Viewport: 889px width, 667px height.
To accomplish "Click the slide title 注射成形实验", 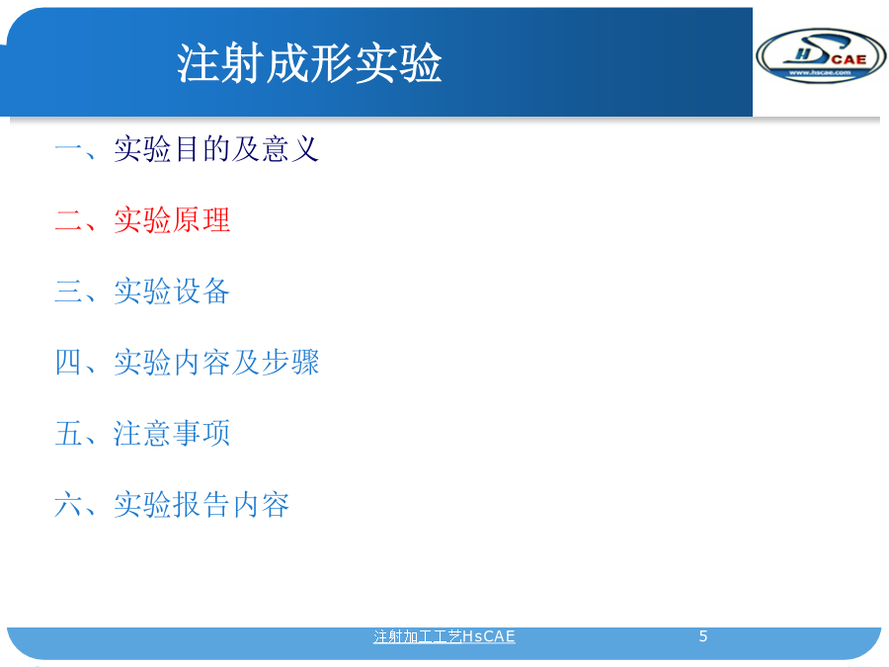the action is [309, 63].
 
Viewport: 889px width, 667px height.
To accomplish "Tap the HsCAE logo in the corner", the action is [821, 55].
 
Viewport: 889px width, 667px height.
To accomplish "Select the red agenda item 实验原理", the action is [172, 220].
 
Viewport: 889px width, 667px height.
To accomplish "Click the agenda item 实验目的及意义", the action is [216, 149].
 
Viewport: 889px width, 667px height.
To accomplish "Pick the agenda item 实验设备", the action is [172, 291].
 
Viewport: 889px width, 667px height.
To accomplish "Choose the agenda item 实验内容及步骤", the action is [216, 362].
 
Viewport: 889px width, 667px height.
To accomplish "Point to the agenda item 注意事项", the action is [172, 434].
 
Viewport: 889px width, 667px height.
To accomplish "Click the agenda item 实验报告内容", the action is [202, 504].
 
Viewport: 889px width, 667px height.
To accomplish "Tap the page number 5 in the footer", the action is [703, 636].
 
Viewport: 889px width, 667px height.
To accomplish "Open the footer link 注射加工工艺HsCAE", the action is [444, 636].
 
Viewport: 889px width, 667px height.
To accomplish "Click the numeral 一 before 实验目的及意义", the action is [68, 149].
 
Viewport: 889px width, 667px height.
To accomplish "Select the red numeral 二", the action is [68, 220].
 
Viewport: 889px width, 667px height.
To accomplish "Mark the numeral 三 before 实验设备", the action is [68, 291].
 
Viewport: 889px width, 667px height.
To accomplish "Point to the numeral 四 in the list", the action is [68, 362].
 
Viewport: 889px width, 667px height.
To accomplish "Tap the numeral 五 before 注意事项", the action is [68, 434].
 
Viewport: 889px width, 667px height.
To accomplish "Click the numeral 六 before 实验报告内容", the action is [68, 504].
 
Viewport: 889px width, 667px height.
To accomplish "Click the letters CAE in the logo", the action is [849, 59].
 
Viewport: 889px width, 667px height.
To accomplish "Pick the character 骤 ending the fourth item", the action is [305, 362].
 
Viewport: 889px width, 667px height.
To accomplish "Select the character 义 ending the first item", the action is [305, 149].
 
